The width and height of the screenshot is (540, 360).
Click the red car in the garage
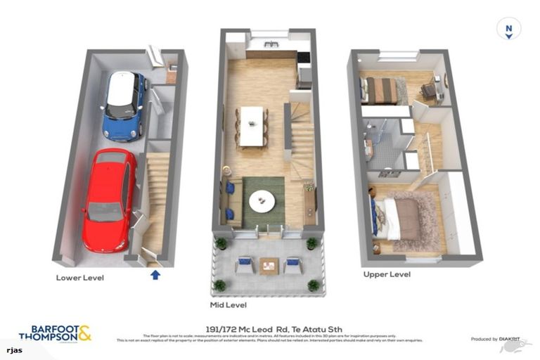(109, 198)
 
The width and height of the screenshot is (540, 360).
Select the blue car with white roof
(124, 105)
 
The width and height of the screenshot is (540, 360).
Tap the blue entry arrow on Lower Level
(155, 275)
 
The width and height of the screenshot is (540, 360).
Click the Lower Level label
(80, 278)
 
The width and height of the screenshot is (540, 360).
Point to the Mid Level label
(228, 306)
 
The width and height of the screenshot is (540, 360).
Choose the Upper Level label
(387, 274)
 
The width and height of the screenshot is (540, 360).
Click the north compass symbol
(508, 30)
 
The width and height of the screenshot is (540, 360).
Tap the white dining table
(251, 126)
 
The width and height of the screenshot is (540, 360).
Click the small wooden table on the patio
(269, 266)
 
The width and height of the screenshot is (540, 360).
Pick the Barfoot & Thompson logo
(55, 333)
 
